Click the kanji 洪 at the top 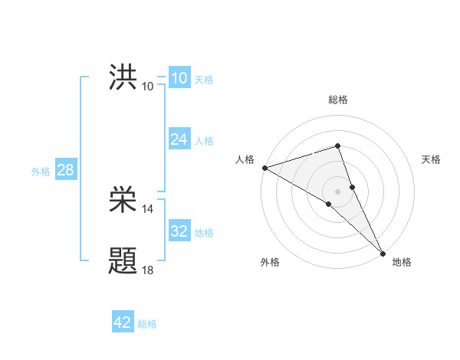point(123,78)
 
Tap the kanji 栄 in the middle point(123,202)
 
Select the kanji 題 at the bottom point(123,261)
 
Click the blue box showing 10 point(179,78)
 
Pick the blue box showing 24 point(179,139)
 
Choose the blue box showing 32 point(179,231)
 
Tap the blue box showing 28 point(65,170)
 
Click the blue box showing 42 point(123,322)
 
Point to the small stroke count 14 point(148,209)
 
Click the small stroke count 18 point(148,270)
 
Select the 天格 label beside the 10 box point(204,80)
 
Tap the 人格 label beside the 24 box point(204,141)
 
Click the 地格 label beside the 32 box point(204,232)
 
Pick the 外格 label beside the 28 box point(41,172)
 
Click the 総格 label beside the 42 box point(147,324)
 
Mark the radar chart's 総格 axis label point(338,100)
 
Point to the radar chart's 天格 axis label point(432,159)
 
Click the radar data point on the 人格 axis point(264,167)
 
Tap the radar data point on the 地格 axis point(383,252)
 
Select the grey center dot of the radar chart point(338,191)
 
